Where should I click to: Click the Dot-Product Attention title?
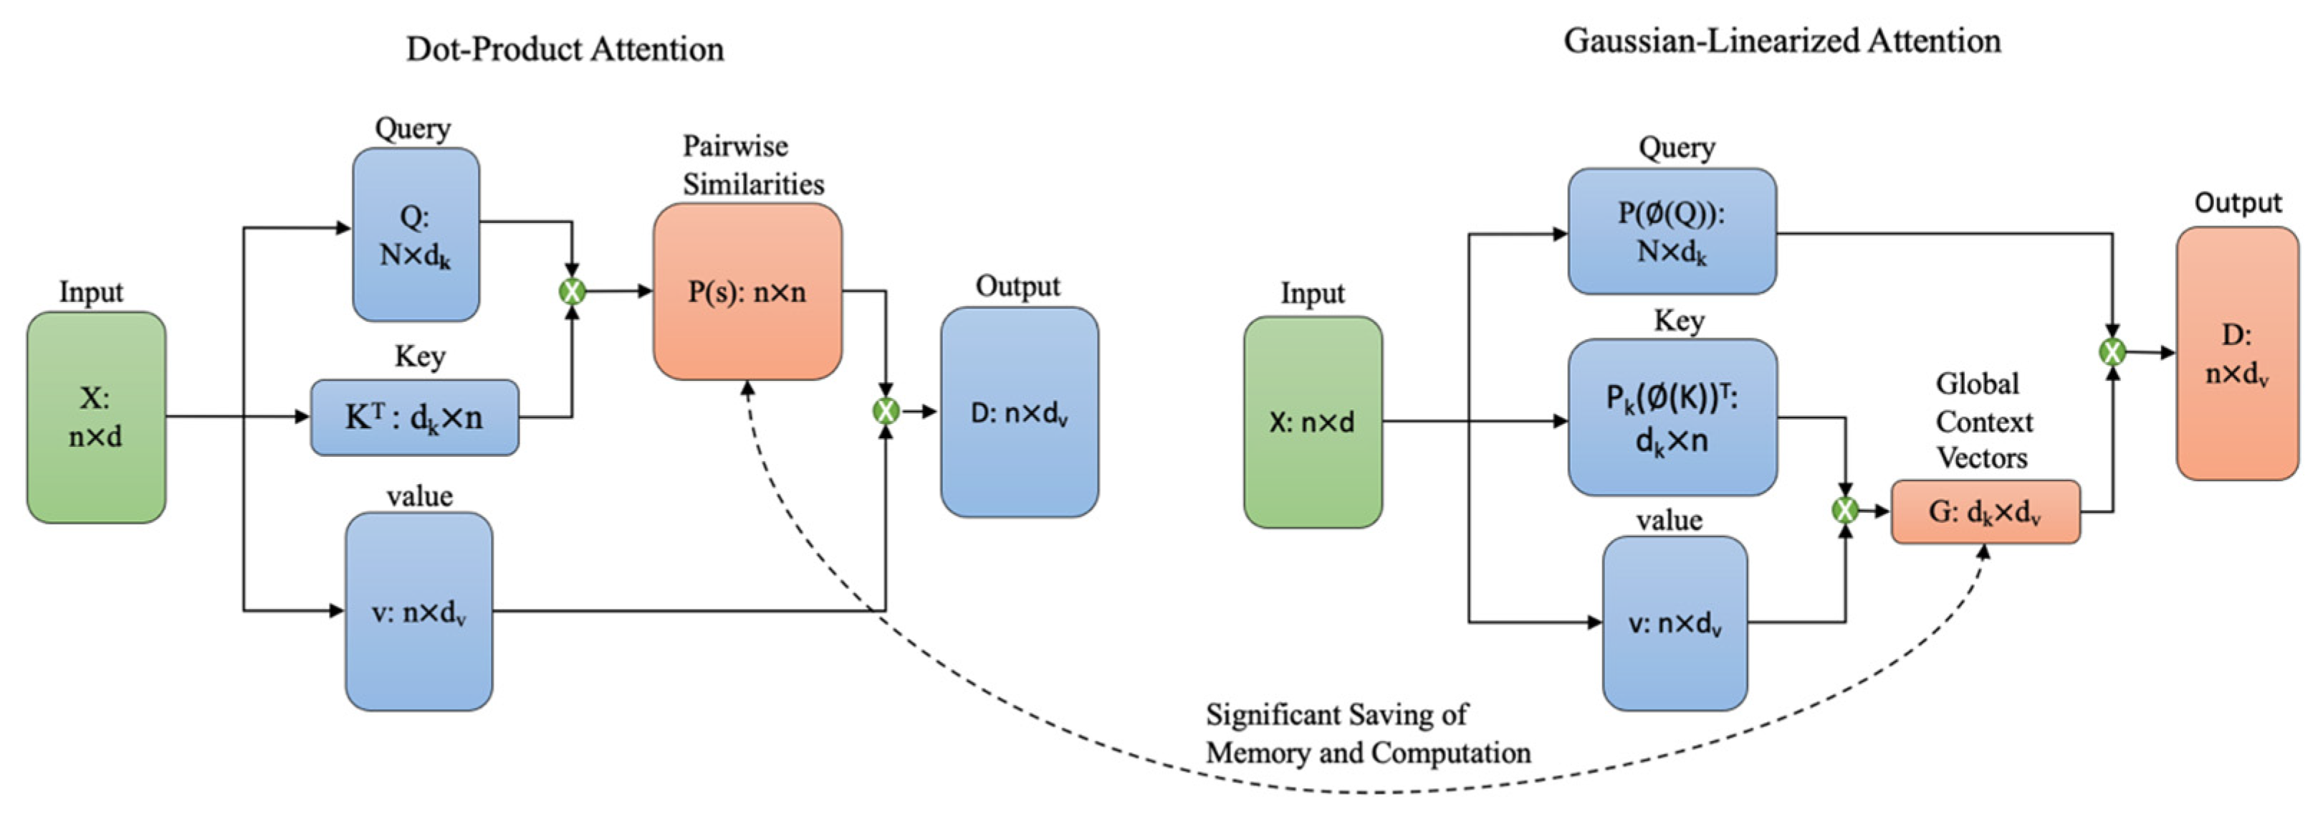coord(565,49)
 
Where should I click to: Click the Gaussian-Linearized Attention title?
coord(1781,42)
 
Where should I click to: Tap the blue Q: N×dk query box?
coord(416,235)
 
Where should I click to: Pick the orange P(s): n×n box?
coord(747,292)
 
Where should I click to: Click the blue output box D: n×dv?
coord(1019,412)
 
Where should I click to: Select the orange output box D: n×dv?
coord(2236,353)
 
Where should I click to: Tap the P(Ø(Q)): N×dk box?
coord(1671,232)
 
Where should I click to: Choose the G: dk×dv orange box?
coord(1986,512)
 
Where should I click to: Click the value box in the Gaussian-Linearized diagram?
coord(1675,623)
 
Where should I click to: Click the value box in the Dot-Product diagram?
coord(418,612)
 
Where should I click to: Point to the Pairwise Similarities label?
coord(752,166)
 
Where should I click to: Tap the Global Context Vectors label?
coord(1983,422)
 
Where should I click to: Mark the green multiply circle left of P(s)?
coord(572,291)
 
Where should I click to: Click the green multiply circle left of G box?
coord(1844,511)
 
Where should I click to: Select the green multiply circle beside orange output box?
coord(2112,352)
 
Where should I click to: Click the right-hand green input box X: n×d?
coord(1313,422)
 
